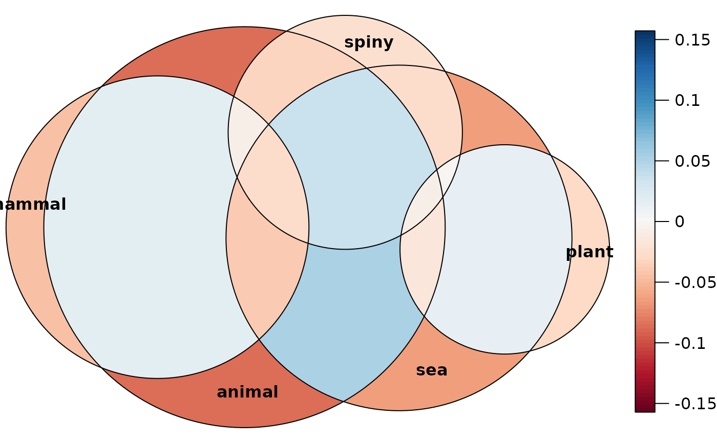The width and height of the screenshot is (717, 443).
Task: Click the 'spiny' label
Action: click(369, 42)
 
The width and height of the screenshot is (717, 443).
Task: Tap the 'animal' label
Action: click(247, 392)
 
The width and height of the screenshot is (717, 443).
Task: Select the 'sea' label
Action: click(432, 370)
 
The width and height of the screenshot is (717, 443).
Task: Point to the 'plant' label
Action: click(589, 252)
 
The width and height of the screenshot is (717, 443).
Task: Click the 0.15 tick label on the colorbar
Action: click(692, 40)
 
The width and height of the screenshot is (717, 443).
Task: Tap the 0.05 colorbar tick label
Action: click(692, 162)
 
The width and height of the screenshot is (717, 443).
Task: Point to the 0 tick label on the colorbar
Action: click(679, 222)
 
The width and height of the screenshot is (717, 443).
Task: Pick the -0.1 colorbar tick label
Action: click(690, 343)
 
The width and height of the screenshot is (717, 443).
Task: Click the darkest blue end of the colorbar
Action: click(645, 35)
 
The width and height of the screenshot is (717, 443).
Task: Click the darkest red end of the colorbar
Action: click(645, 408)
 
